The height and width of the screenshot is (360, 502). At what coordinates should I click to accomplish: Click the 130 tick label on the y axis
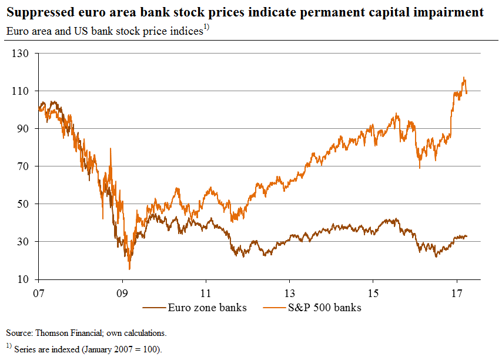coord(24,54)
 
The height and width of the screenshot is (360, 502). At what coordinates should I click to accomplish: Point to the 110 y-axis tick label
coord(24,91)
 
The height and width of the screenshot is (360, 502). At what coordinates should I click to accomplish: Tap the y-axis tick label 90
coord(26,129)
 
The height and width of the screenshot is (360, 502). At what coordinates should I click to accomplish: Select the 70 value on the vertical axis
coord(26,166)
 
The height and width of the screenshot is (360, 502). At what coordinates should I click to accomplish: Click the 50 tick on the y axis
coord(26,204)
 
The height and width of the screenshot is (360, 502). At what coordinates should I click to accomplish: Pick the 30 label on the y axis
coord(26,242)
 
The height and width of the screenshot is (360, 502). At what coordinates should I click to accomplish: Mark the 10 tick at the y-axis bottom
coord(26,279)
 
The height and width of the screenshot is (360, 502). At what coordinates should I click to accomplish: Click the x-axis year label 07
coord(39,292)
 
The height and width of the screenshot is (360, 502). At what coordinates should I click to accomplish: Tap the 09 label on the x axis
coord(122,292)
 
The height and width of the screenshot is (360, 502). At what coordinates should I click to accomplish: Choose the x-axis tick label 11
coord(206,292)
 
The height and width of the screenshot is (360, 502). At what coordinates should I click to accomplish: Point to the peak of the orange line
coord(464,77)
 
